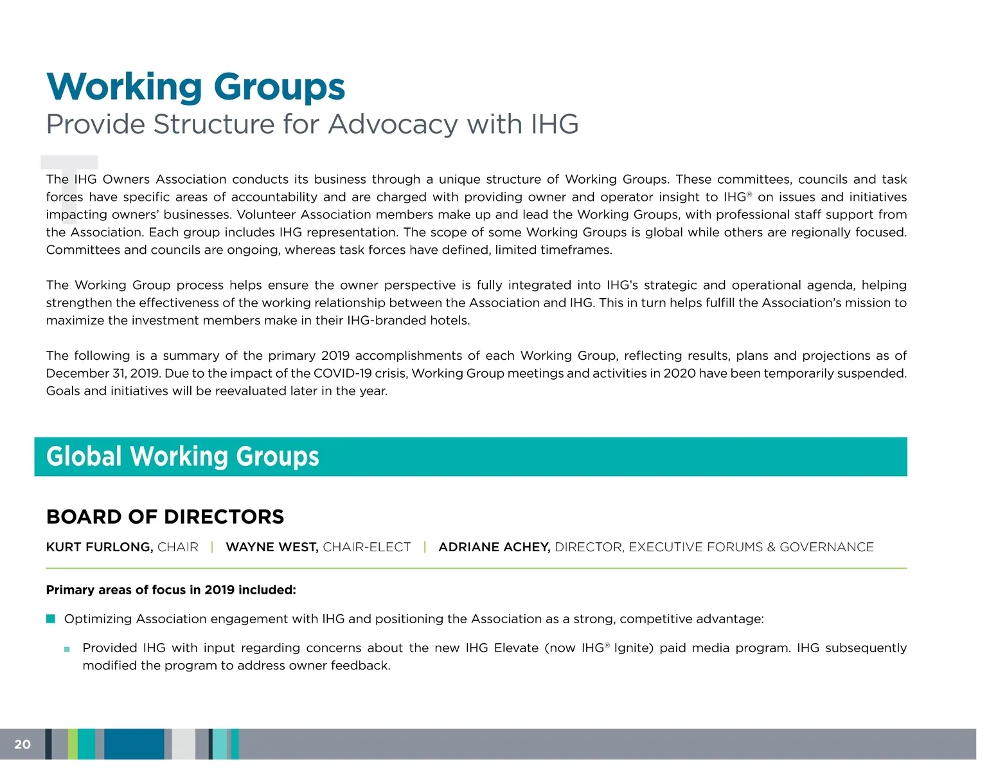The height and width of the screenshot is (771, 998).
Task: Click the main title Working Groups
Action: coord(195,87)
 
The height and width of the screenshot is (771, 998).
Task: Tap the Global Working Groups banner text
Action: coord(183,457)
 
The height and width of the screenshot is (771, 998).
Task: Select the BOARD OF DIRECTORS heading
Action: coord(165,517)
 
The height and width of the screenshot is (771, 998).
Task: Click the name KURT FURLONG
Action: coord(99,547)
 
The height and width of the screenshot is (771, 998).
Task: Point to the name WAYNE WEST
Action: coord(271,547)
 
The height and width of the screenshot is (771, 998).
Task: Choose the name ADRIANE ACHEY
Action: coord(494,547)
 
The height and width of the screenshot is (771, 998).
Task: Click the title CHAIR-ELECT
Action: coord(366,547)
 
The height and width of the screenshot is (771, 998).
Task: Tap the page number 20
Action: coord(22,745)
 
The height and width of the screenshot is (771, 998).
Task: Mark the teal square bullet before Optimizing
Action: coord(51,619)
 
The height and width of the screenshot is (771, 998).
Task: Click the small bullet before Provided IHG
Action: coord(67,650)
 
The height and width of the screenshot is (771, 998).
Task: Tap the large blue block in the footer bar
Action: coord(134,744)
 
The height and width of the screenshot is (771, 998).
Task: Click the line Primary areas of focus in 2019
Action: coord(171,590)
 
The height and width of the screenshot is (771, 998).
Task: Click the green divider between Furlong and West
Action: coord(212,547)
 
